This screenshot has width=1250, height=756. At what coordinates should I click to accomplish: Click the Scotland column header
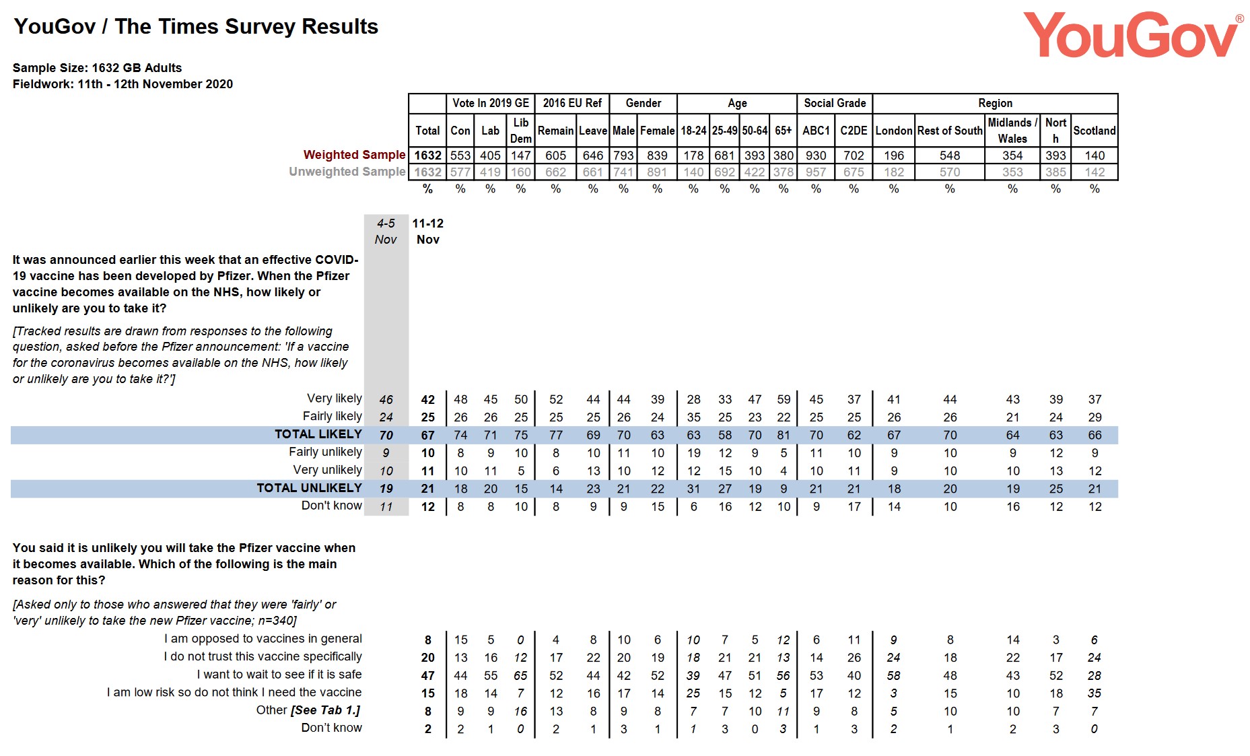1094,131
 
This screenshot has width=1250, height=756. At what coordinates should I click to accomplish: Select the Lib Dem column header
520,131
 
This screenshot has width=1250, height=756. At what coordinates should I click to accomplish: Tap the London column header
893,131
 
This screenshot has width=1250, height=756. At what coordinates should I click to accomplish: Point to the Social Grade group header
835,103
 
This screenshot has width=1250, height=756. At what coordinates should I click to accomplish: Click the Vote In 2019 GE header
490,103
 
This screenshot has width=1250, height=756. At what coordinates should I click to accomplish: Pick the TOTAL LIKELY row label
318,434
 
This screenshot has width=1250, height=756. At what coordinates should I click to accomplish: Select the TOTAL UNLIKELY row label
309,488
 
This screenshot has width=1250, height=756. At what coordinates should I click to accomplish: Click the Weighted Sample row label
354,155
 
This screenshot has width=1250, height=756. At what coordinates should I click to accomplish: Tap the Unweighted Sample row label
347,172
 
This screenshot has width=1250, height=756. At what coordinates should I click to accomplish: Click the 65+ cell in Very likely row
784,399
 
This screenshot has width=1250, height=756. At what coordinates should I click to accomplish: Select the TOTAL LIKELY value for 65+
784,435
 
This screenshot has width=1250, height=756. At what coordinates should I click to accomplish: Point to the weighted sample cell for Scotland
1095,156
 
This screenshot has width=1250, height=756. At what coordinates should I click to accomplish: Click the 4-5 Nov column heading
386,231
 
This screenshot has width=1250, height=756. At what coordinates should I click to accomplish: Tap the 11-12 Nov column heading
427,231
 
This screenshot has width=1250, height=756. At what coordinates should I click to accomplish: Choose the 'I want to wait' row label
279,675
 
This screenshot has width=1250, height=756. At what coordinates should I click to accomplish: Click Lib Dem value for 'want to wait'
520,675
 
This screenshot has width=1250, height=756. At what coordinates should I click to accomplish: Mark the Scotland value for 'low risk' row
1095,693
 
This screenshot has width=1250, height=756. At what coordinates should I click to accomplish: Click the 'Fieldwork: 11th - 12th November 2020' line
123,84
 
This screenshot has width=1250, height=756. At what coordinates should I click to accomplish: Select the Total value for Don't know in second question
427,729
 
